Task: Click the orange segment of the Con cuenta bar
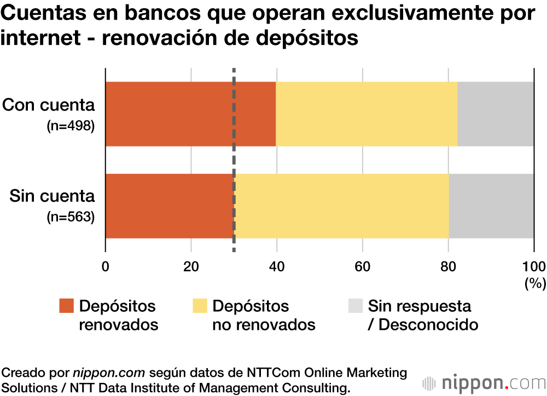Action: (190, 114)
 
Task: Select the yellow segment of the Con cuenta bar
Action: (366, 114)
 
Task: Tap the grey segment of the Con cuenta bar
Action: (496, 114)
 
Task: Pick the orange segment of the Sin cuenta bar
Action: (170, 206)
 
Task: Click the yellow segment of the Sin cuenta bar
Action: (342, 206)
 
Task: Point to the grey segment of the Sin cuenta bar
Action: (491, 206)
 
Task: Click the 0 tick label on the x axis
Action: (106, 266)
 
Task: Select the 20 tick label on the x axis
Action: (191, 266)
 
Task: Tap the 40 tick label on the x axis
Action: (277, 266)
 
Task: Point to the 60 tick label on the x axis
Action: (362, 266)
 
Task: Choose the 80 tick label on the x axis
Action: (448, 266)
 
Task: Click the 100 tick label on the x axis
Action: (534, 266)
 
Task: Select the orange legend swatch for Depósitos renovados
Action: (66, 306)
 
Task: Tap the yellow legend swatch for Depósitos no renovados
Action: (199, 306)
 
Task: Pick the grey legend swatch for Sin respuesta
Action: (355, 306)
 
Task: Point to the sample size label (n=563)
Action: (71, 217)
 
